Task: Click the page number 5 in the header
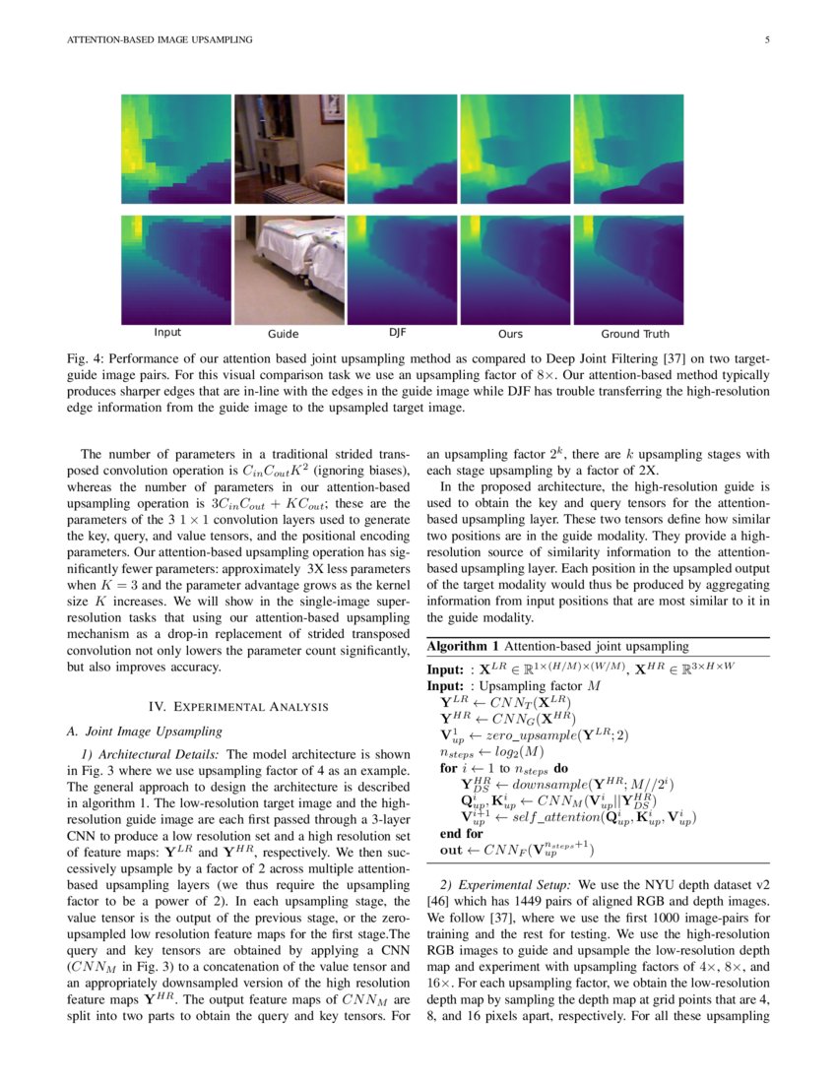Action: coord(765,40)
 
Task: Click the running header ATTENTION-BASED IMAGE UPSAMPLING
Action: coord(159,40)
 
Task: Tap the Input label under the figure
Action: coord(167,333)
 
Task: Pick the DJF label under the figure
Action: coord(397,333)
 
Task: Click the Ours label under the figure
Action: coord(510,335)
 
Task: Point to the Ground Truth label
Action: coord(635,335)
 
